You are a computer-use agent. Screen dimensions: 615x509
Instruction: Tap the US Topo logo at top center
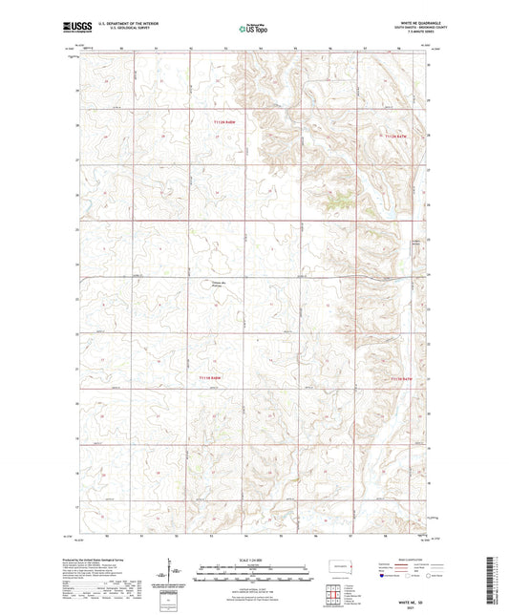253,29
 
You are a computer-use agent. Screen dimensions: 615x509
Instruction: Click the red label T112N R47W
393,137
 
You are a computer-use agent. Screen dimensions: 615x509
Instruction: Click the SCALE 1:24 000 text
254,559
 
